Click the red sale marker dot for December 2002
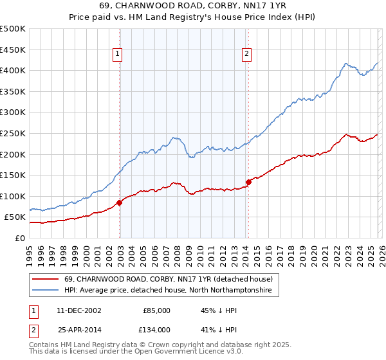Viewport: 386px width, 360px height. point(120,203)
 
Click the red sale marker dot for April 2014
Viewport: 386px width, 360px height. point(248,182)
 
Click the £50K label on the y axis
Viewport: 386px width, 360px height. point(15,217)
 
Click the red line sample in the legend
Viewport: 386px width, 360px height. point(45,280)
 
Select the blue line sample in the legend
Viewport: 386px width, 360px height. point(45,291)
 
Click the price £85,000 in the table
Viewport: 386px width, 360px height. point(157,310)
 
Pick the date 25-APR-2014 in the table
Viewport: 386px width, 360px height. point(78,330)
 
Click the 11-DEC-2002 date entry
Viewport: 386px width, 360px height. point(78,310)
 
